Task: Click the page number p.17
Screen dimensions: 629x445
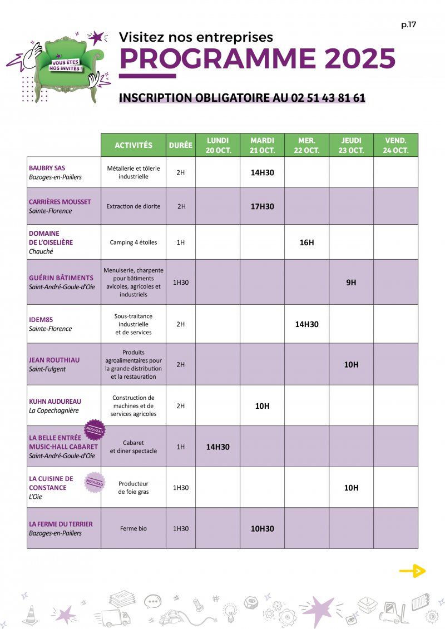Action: (x=408, y=24)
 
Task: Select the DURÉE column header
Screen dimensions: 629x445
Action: (x=181, y=145)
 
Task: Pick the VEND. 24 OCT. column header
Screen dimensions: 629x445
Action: (x=395, y=145)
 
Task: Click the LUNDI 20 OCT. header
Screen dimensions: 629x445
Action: (x=217, y=145)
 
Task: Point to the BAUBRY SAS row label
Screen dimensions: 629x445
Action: (x=47, y=168)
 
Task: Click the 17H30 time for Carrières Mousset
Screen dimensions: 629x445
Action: (x=262, y=206)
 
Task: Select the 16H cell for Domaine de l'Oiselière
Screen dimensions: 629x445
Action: (x=306, y=242)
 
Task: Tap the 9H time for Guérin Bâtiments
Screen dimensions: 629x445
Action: (x=351, y=282)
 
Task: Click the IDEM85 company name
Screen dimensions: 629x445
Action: (x=41, y=320)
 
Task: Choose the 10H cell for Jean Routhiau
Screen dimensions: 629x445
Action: (x=351, y=364)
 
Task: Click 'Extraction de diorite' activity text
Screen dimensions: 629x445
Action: (x=133, y=206)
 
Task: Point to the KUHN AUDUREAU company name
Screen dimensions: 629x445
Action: (x=55, y=401)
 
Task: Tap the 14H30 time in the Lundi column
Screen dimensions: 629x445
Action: (x=217, y=447)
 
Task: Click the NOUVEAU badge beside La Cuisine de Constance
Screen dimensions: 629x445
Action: (x=95, y=482)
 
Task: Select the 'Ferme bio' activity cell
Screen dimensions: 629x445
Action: (x=133, y=528)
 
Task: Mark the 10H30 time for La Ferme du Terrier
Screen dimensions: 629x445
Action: (x=262, y=528)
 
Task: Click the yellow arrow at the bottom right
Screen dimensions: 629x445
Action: (x=412, y=571)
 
